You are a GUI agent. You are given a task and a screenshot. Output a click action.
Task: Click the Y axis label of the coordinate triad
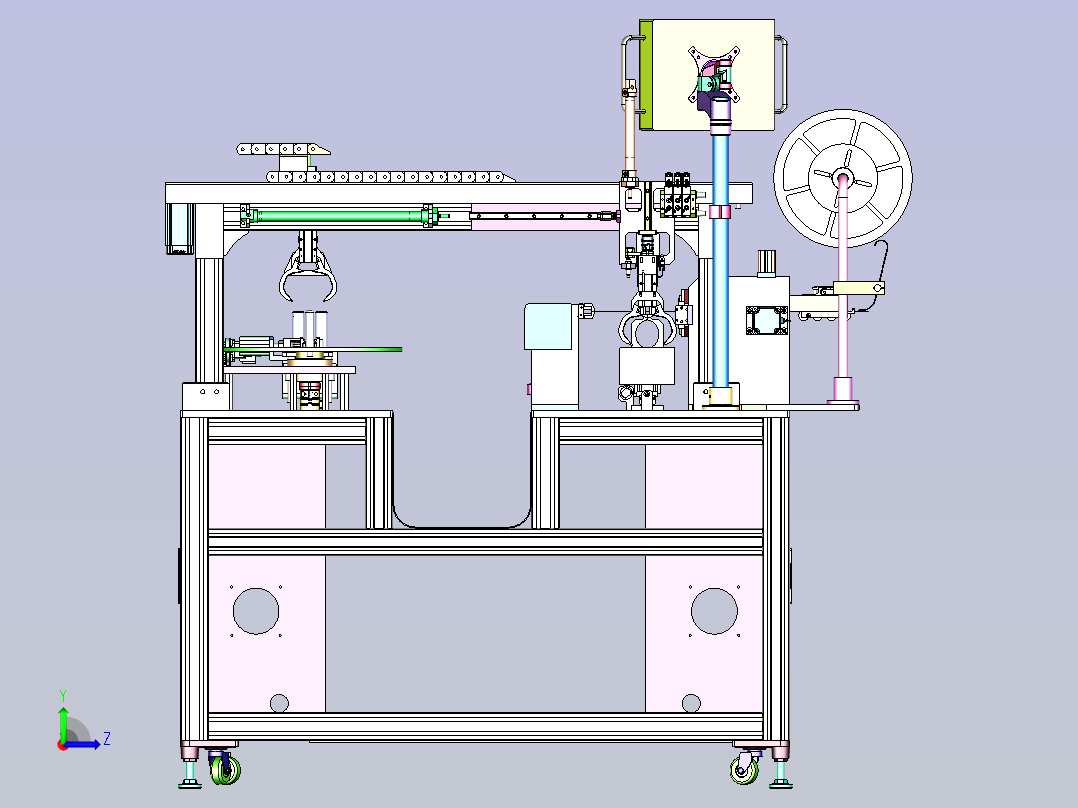pyautogui.click(x=63, y=696)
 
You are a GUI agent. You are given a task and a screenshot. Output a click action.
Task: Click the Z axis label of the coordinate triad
pyautogui.click(x=107, y=739)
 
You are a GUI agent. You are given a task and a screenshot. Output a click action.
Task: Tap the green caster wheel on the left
pyautogui.click(x=226, y=769)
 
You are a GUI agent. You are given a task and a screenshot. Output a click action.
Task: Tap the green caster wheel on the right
pyautogui.click(x=744, y=769)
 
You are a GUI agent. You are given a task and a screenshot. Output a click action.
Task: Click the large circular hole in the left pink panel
pyautogui.click(x=256, y=611)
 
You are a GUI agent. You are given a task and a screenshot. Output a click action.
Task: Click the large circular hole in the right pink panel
pyautogui.click(x=714, y=611)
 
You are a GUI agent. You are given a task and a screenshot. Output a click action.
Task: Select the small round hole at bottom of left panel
pyautogui.click(x=279, y=703)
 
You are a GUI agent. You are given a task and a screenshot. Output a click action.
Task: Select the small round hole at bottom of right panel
pyautogui.click(x=691, y=703)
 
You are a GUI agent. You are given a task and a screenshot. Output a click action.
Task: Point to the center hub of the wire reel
pyautogui.click(x=843, y=179)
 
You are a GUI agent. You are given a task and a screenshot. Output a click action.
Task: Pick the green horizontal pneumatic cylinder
pyautogui.click(x=340, y=216)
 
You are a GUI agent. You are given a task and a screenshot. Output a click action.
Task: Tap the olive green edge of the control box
pyautogui.click(x=646, y=75)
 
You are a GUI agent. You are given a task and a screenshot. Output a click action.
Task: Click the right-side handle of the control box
pyautogui.click(x=782, y=75)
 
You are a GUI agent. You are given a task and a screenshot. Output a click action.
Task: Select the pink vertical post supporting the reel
pyautogui.click(x=843, y=289)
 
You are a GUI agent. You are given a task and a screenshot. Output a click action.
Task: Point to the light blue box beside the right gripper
pyautogui.click(x=548, y=327)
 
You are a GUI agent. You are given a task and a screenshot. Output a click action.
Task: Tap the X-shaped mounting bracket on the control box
pyautogui.click(x=714, y=74)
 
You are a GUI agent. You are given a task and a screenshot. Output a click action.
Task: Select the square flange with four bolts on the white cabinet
pyautogui.click(x=766, y=320)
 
